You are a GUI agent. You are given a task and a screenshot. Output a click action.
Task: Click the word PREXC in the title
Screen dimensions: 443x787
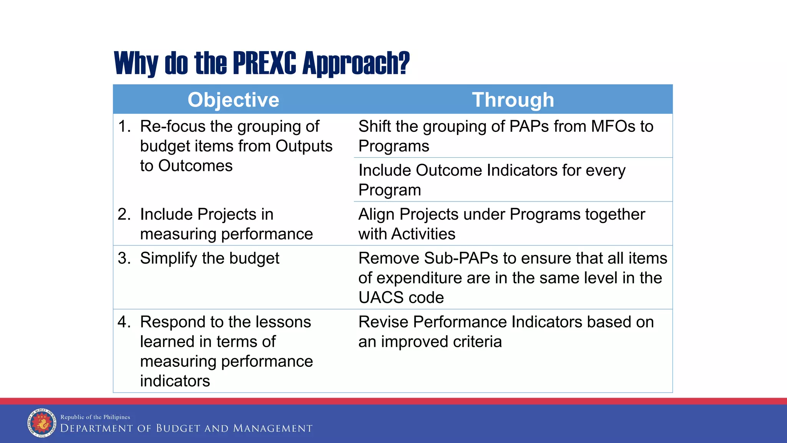coord(264,63)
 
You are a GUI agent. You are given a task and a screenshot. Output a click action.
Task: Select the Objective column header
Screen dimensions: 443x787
coord(233,100)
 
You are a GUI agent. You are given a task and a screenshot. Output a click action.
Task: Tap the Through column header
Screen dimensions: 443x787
coord(513,100)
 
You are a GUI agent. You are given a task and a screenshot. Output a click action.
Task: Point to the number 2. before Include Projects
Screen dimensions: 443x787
coord(124,214)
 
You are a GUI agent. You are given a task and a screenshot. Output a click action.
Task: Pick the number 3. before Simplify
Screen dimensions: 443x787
coord(124,258)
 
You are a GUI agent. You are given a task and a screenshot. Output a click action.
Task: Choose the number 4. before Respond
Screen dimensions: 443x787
coord(124,322)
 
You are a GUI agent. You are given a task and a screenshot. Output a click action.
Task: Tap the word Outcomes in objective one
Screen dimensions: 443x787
coord(195,166)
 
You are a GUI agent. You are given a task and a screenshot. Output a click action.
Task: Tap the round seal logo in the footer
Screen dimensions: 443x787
coord(42,423)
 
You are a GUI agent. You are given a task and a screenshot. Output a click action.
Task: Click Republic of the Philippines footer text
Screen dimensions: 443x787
coord(95,417)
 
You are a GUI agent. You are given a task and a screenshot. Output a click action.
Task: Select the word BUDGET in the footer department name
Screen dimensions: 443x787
coord(178,428)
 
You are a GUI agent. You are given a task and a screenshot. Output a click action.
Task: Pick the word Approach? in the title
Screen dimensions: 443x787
coord(356,63)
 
